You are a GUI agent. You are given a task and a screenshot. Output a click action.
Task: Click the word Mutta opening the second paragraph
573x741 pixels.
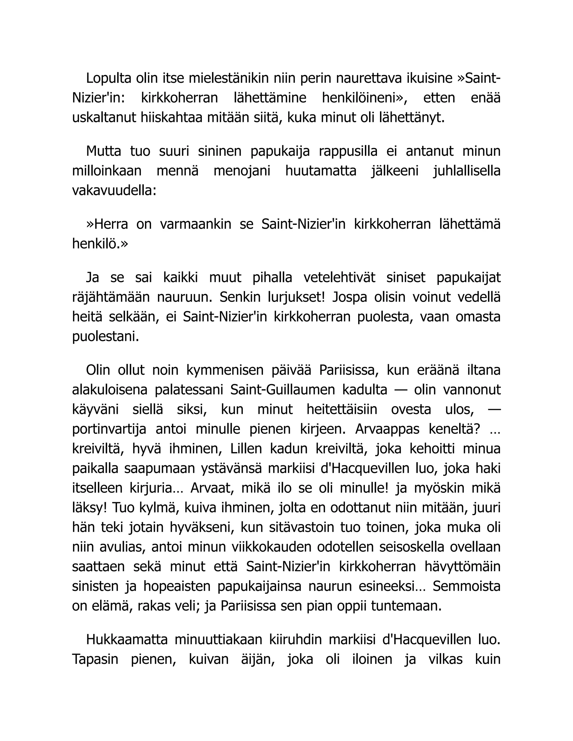point(103,151)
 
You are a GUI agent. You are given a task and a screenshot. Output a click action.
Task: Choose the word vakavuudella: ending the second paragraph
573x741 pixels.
point(114,191)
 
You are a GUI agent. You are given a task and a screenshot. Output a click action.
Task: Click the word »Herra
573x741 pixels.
point(107,224)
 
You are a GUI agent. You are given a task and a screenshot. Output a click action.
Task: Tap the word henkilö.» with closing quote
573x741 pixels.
point(100,244)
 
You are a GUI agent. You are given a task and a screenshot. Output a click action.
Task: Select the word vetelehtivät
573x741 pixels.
point(339,278)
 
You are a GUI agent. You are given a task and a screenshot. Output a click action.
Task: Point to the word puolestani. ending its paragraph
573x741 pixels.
point(105,337)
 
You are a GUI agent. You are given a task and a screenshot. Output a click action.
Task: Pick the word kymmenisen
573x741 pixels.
point(225,370)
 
